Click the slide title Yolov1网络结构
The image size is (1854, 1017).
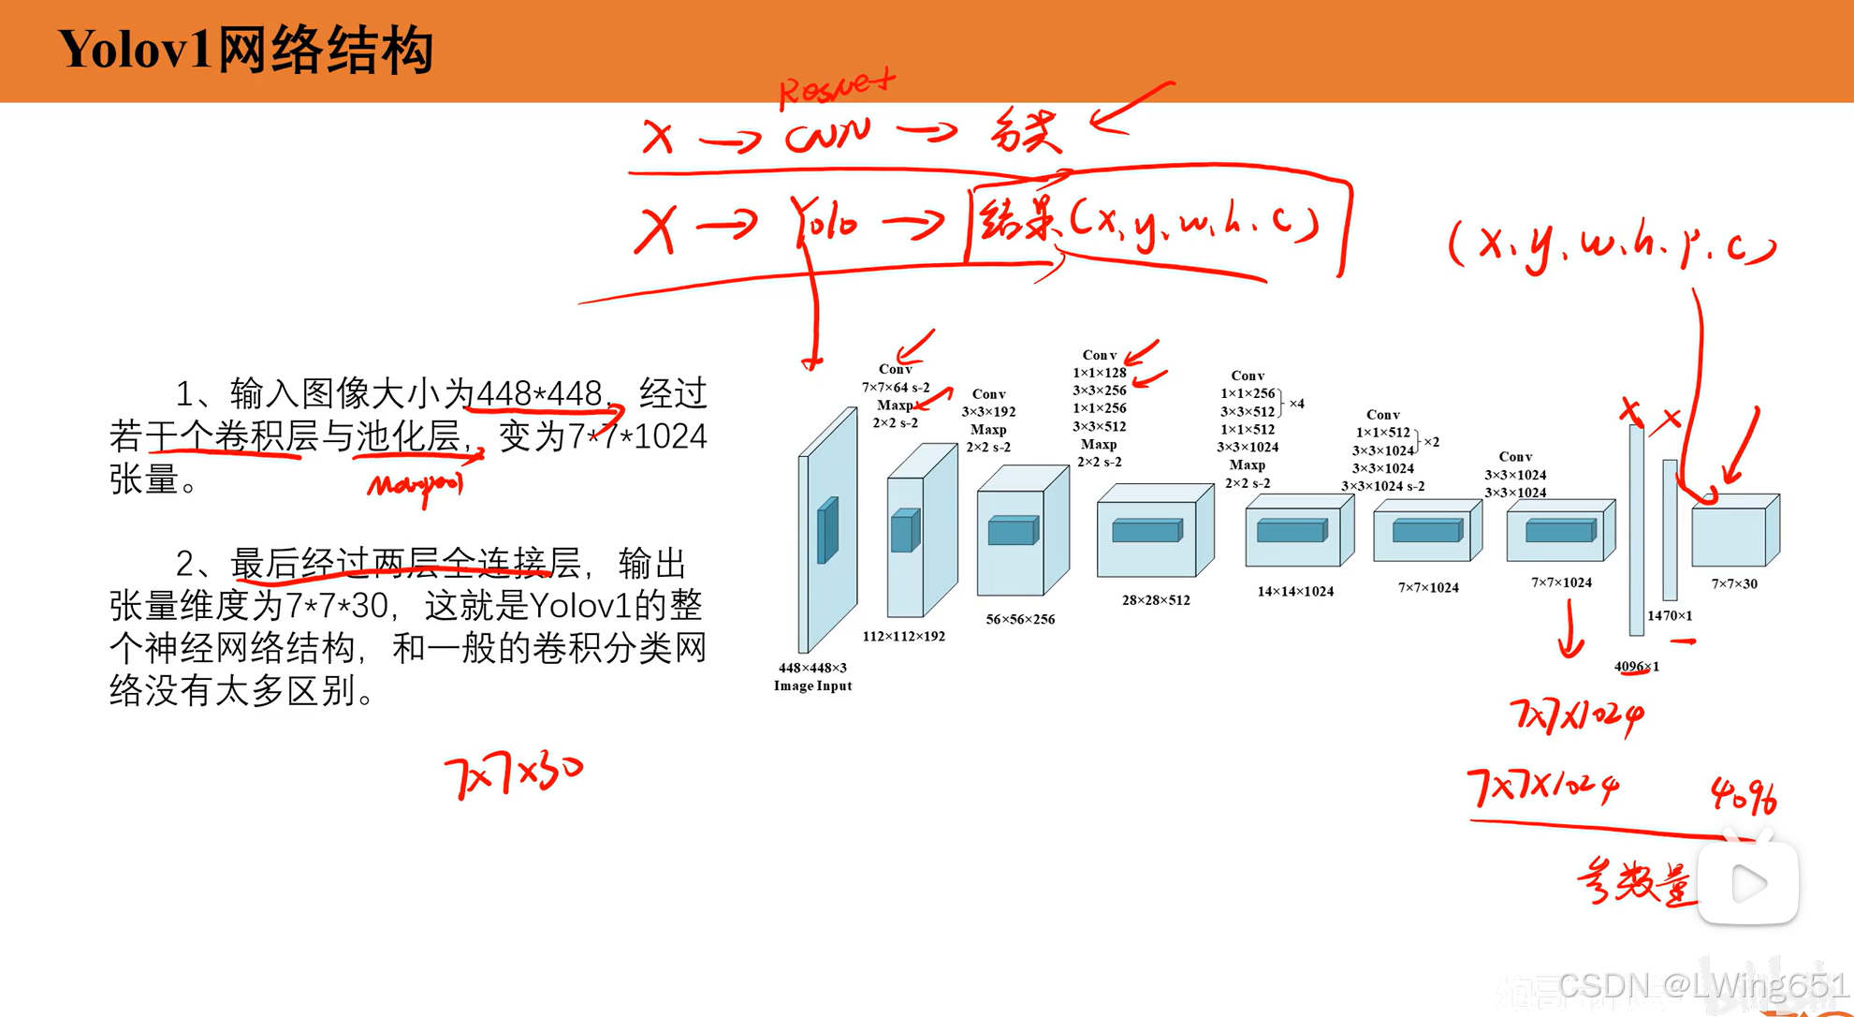coord(245,50)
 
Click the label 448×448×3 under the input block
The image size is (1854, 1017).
coord(812,668)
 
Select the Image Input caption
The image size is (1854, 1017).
coord(812,685)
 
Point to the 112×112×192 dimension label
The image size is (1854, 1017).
coord(903,636)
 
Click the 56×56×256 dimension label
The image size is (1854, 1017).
coord(1020,619)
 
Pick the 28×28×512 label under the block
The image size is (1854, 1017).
coord(1156,600)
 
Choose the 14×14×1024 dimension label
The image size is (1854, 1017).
coord(1295,591)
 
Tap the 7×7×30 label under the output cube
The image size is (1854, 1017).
coord(1734,583)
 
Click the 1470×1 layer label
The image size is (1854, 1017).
coord(1670,615)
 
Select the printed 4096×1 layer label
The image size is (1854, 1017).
coord(1636,667)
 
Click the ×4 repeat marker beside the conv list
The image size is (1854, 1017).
coord(1296,404)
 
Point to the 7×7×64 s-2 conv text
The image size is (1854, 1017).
coord(896,388)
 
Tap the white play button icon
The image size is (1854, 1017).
coord(1748,883)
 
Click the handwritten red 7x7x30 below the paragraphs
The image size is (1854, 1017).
coord(513,774)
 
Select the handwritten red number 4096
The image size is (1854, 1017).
coord(1744,796)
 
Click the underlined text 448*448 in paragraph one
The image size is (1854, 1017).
coord(539,393)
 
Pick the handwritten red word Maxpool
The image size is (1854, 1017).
coord(416,485)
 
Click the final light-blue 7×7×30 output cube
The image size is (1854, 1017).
coord(1734,530)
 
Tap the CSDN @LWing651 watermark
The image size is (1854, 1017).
coord(1702,985)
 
